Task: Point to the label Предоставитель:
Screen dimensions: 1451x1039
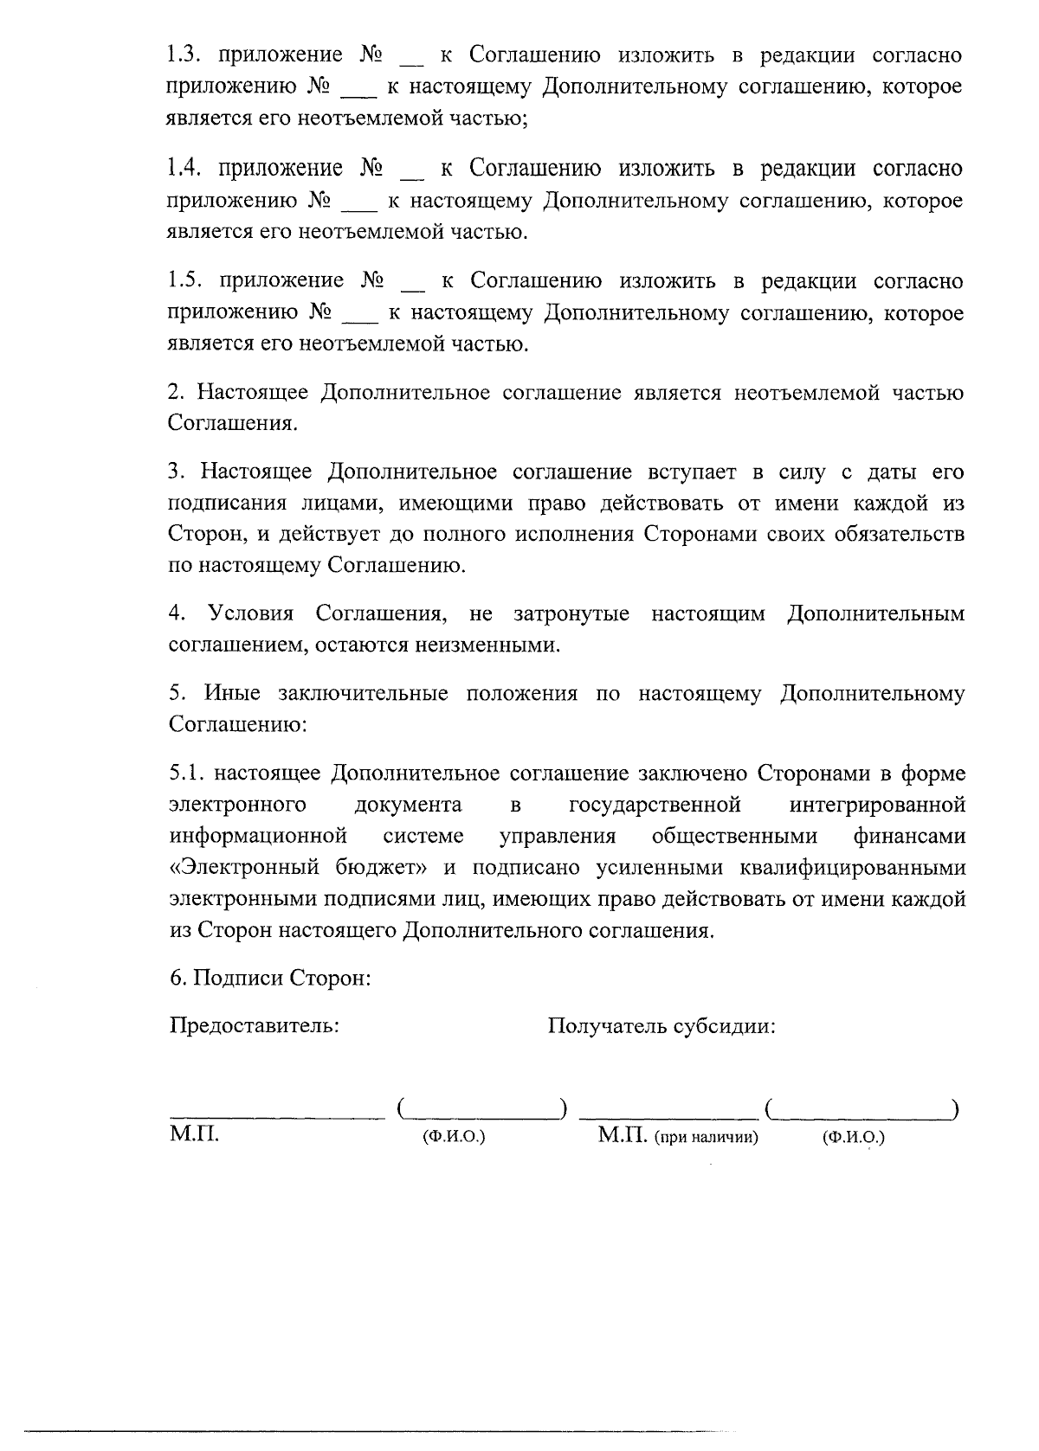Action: [x=255, y=1026]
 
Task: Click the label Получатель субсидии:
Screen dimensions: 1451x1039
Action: [x=661, y=1026]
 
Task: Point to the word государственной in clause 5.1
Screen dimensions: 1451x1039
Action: [x=655, y=806]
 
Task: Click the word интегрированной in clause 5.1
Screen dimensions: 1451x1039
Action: [x=878, y=806]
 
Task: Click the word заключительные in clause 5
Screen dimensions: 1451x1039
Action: [x=363, y=694]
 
